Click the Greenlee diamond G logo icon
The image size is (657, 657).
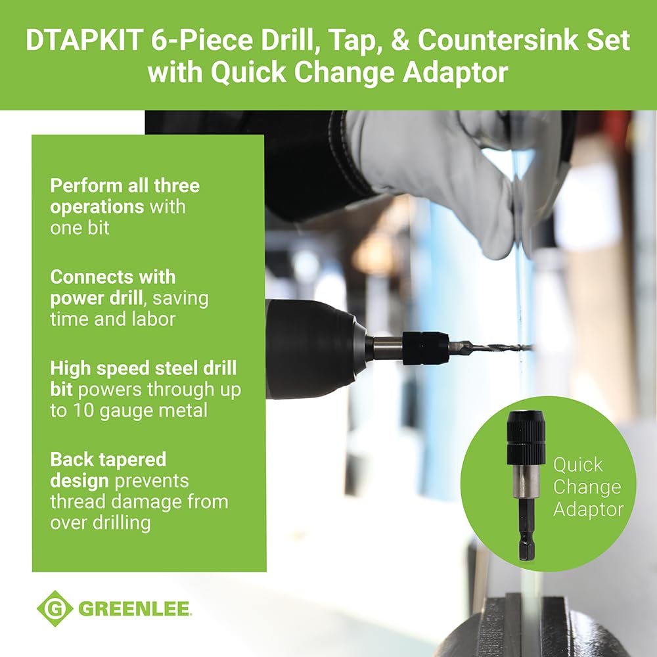[55, 608]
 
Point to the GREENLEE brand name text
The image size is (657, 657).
[135, 609]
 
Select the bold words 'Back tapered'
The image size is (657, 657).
[108, 459]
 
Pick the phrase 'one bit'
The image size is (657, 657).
[79, 228]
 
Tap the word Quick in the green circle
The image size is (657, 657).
[578, 465]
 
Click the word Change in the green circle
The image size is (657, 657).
[587, 487]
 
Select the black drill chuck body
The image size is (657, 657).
[309, 348]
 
